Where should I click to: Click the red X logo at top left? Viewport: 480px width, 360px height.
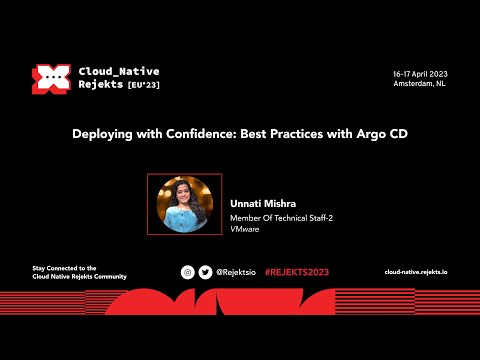pos(49,79)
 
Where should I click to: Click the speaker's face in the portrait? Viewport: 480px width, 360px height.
pos(185,198)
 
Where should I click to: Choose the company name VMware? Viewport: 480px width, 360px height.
pos(246,229)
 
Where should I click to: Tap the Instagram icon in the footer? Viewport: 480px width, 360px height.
pos(187,272)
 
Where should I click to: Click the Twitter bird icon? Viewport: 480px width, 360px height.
pos(205,272)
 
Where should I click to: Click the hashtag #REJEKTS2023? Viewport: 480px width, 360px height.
pos(296,272)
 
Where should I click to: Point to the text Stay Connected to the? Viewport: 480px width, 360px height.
pos(64,268)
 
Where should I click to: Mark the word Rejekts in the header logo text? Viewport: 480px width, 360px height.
pos(101,86)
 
